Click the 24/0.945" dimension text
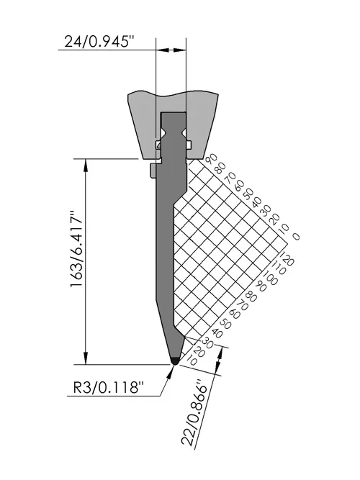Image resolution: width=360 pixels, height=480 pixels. coord(100,41)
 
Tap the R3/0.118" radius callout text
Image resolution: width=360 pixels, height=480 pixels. coord(109,388)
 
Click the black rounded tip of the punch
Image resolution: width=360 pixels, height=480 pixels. coord(175,361)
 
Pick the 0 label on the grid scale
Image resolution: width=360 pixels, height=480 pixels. coord(296,236)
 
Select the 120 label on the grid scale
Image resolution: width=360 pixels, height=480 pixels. coord(288,258)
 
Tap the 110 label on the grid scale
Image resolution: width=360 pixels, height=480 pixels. coord(279,267)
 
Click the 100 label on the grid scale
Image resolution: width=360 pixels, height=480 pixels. coord(271,276)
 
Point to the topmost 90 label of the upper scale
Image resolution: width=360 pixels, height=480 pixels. coord(212,160)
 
